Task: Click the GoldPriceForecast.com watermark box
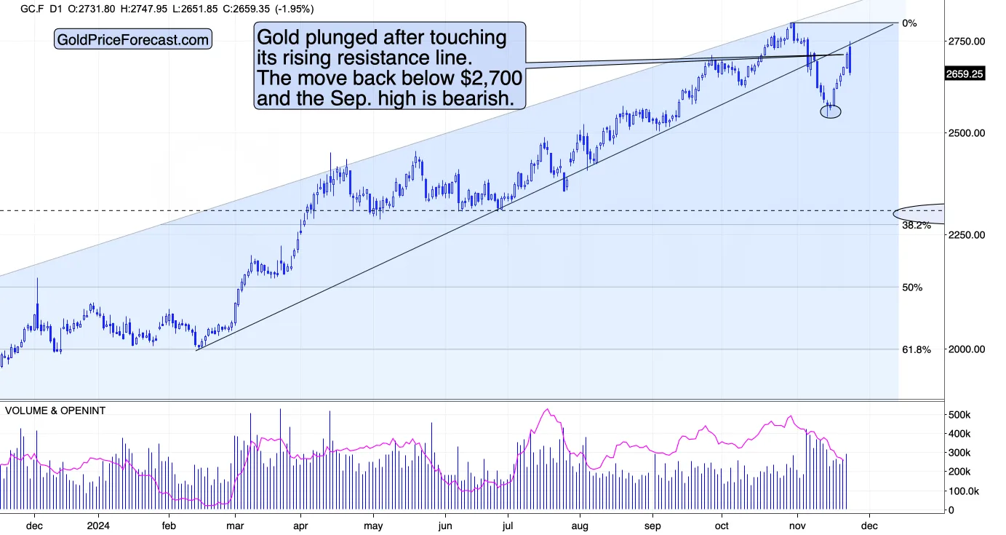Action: tap(133, 39)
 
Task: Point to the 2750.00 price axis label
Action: tap(966, 41)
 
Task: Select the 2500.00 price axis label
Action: tap(966, 133)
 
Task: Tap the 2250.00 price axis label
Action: tap(966, 235)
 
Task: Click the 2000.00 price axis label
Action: tap(966, 349)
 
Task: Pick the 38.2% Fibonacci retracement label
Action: tap(917, 225)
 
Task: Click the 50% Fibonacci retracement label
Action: tap(912, 288)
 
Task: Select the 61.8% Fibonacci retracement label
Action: tap(917, 350)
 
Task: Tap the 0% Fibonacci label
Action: tap(909, 23)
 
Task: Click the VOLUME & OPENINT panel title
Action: tap(55, 411)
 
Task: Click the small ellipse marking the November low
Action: tap(831, 111)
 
